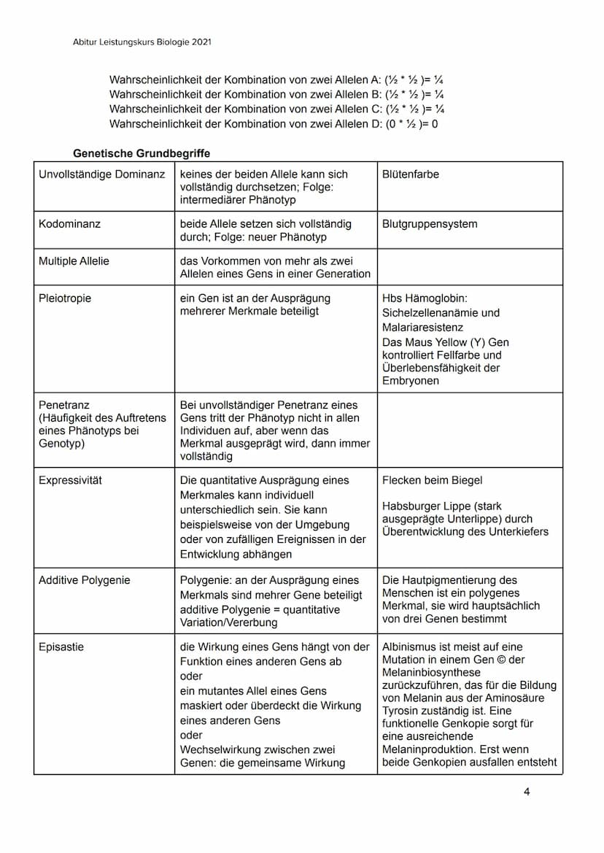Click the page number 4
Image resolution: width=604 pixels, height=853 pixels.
pyautogui.click(x=527, y=792)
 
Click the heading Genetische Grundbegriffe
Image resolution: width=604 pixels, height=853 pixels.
pyautogui.click(x=142, y=154)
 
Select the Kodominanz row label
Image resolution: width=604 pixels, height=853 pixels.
pyautogui.click(x=69, y=224)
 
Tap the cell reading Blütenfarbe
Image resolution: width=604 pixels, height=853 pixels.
pyautogui.click(x=411, y=174)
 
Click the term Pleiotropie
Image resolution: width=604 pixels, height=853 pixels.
pyautogui.click(x=65, y=298)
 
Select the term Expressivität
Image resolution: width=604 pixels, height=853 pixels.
pyautogui.click(x=70, y=480)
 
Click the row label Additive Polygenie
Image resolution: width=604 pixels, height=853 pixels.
pyautogui.click(x=84, y=580)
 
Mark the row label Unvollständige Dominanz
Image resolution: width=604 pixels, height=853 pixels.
pyautogui.click(x=101, y=174)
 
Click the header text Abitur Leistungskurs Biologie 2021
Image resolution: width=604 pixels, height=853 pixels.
pyautogui.click(x=142, y=42)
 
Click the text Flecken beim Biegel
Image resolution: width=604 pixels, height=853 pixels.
pyautogui.click(x=432, y=480)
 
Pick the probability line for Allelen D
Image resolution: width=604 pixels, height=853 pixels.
pyautogui.click(x=274, y=124)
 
